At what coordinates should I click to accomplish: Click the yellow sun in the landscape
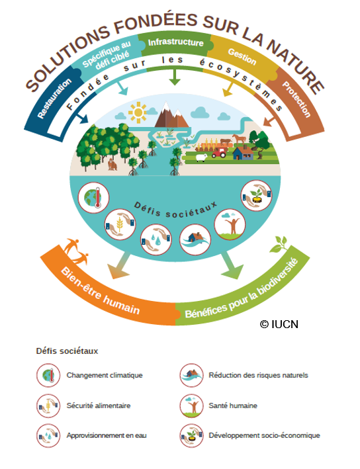[x=138, y=112]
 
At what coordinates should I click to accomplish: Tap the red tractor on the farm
[x=219, y=153]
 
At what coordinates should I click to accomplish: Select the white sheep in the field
[x=201, y=157]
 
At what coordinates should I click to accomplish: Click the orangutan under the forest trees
[x=112, y=165]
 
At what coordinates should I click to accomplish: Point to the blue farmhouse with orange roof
[x=243, y=153]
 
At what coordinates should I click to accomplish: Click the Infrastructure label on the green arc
[x=175, y=42]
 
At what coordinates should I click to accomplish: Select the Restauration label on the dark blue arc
[x=54, y=98]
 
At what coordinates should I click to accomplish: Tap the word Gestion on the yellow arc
[x=242, y=56]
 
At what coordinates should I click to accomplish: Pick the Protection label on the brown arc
[x=296, y=99]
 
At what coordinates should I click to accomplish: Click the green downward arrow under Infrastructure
[x=175, y=77]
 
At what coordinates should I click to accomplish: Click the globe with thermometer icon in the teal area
[x=93, y=197]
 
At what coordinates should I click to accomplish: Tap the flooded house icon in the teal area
[x=195, y=239]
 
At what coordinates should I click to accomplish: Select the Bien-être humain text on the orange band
[x=100, y=291]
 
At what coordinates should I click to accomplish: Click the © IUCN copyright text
[x=279, y=324]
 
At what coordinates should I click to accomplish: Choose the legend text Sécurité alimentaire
[x=99, y=405]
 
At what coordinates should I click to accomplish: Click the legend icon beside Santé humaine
[x=191, y=406]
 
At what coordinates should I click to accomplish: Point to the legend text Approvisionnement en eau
[x=107, y=435]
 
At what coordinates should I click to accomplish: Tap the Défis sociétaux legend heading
[x=67, y=351]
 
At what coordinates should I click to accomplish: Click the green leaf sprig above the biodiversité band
[x=279, y=244]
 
